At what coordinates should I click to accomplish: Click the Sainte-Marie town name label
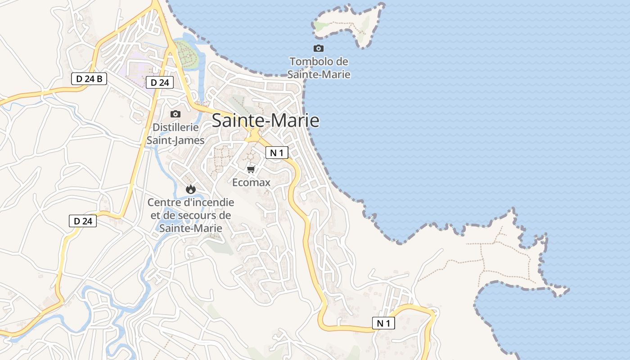coord(265,121)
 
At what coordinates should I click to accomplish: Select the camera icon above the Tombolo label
coord(319,48)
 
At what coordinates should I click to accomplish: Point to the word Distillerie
coord(175,127)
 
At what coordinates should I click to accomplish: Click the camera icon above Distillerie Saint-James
coord(175,114)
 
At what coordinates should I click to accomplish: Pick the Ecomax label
coord(251,182)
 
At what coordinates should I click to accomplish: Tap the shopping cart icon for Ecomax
coord(251,169)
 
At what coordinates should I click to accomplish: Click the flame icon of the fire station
coord(190,189)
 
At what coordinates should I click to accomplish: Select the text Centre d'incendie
coord(191,202)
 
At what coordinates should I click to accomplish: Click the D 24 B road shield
coord(89,79)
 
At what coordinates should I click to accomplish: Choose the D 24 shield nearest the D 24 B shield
coord(159,82)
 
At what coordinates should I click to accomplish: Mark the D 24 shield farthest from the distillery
coord(83,221)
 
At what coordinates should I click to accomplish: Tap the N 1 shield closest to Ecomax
coord(277,153)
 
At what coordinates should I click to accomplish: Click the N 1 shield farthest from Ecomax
coord(383,323)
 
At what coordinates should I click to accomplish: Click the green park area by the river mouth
coord(186,53)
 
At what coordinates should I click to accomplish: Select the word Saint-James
coord(175,140)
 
